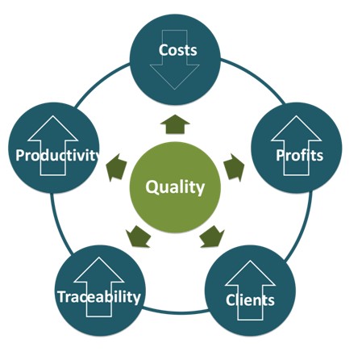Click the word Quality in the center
click(175, 187)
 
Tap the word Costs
click(177, 50)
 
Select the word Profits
click(299, 155)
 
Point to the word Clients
click(250, 300)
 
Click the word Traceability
click(99, 297)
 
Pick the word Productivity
click(57, 155)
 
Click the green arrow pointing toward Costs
click(175, 124)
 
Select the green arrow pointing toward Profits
click(234, 167)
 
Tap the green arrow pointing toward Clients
click(212, 237)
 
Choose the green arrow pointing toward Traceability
click(138, 237)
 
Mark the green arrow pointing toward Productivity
click(116, 167)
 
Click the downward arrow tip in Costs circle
click(175, 89)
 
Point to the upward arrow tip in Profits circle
click(296, 116)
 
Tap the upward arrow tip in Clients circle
click(250, 261)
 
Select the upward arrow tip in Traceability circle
click(99, 257)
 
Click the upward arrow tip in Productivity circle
click(53, 116)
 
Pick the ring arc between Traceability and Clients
click(175, 312)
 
